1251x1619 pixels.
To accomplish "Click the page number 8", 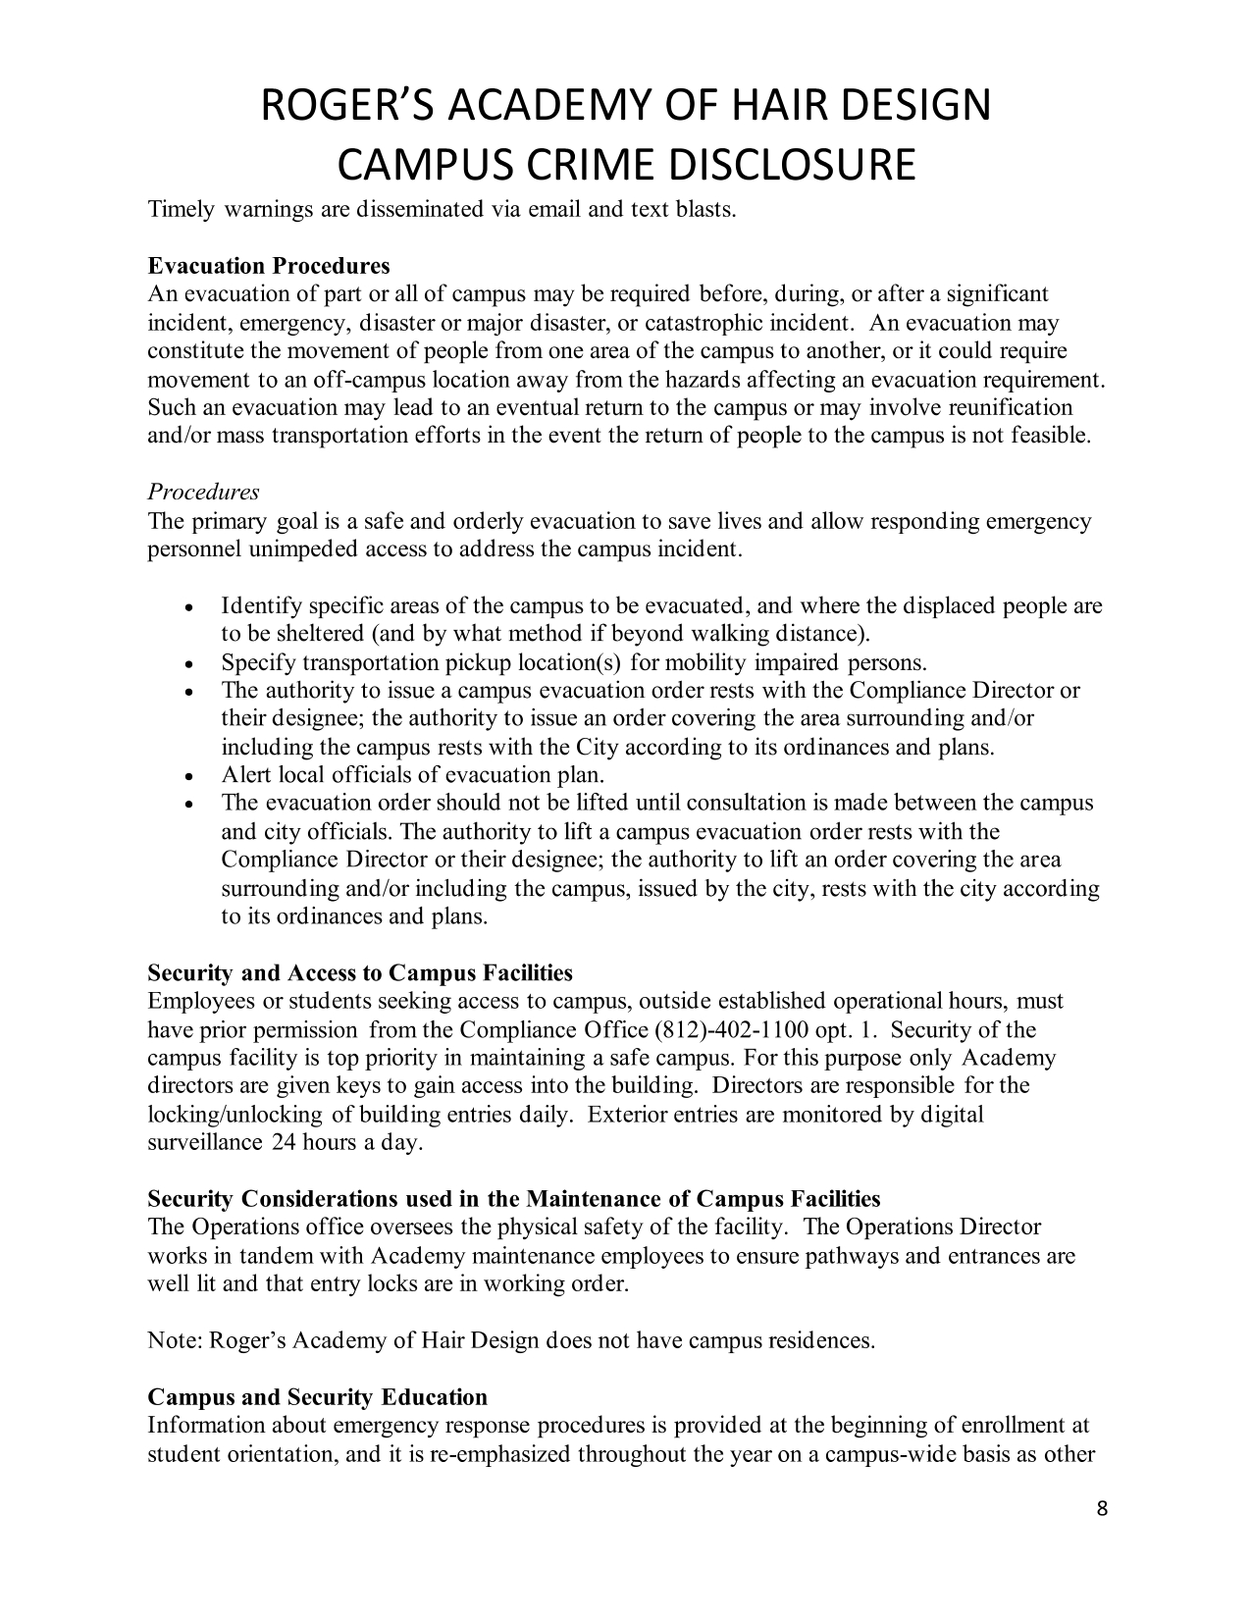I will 1102,1509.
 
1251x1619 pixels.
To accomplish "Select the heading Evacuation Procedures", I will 268,267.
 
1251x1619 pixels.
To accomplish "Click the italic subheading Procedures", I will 203,493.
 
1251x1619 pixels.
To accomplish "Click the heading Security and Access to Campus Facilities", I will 360,973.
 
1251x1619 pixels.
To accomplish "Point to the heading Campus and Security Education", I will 317,1397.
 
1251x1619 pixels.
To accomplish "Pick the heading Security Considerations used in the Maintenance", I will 513,1199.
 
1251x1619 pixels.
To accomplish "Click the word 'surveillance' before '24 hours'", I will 204,1143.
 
